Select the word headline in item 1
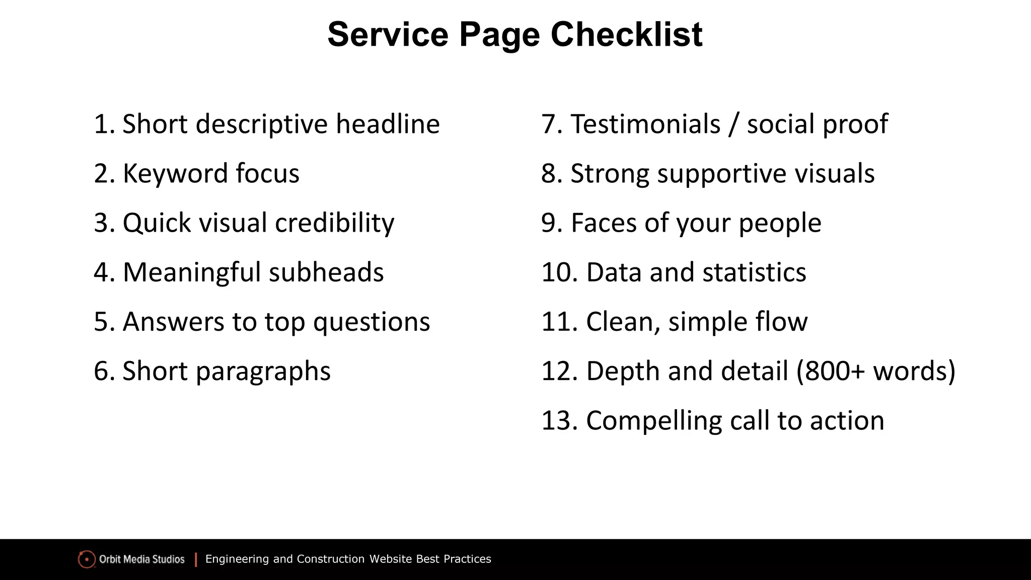coord(388,124)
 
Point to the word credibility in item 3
coord(334,223)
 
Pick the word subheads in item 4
coord(326,272)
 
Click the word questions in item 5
coord(372,322)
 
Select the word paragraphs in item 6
coord(263,372)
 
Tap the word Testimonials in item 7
coord(645,124)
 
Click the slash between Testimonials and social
coord(733,125)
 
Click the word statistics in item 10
coord(754,272)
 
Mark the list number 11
coord(559,322)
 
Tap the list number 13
coord(559,421)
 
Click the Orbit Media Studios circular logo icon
coord(87,559)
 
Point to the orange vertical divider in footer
coord(196,559)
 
